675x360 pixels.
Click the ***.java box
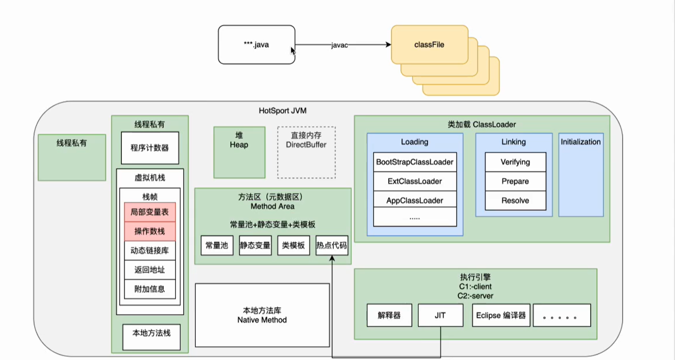256,45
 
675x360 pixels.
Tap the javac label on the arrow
339,46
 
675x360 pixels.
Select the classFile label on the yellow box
429,45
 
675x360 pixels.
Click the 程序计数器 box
150,148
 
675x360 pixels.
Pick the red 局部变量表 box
150,212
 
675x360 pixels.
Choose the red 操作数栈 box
150,231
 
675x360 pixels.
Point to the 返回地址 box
150,269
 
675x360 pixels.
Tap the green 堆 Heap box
239,152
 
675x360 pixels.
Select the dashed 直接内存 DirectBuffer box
306,152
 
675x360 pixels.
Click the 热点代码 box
332,245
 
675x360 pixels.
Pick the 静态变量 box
255,245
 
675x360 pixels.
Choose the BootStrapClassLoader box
415,162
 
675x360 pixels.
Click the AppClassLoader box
415,200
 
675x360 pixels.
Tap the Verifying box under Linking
515,162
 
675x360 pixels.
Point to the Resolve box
515,200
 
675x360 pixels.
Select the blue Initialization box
581,174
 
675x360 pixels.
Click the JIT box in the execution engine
441,316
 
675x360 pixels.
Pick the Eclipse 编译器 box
501,316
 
